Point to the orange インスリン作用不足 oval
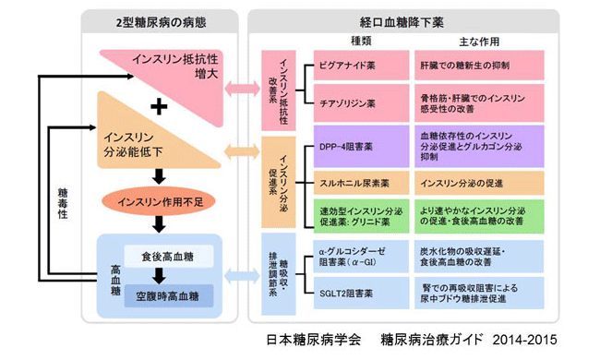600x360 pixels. [x=163, y=198]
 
